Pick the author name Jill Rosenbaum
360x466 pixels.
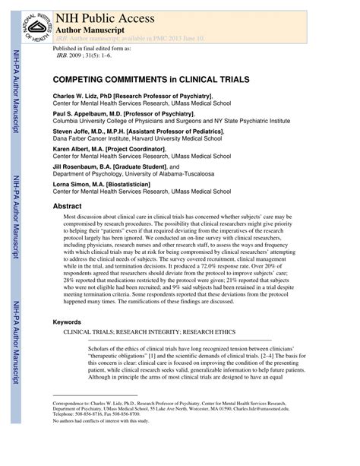79,166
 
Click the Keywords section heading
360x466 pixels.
67,322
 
